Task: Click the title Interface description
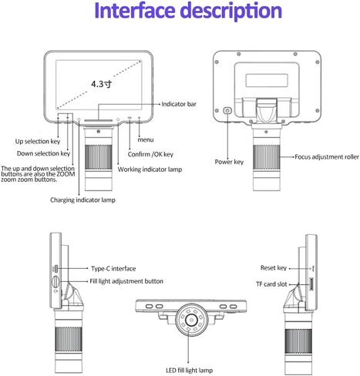click(188, 11)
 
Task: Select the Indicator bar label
click(179, 104)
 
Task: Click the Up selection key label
click(38, 142)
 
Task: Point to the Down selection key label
click(43, 153)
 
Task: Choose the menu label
click(146, 139)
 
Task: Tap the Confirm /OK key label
click(150, 154)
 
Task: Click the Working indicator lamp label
click(150, 170)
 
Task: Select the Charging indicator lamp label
click(82, 200)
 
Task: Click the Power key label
click(229, 162)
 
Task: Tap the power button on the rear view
click(227, 111)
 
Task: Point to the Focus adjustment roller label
click(327, 156)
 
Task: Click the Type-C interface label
click(113, 269)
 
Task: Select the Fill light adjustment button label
click(126, 281)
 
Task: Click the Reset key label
click(274, 268)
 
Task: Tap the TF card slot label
click(271, 284)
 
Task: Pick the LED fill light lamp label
click(190, 370)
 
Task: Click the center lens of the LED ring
click(191, 319)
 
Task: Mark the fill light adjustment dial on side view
click(56, 282)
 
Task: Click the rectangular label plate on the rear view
click(267, 80)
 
